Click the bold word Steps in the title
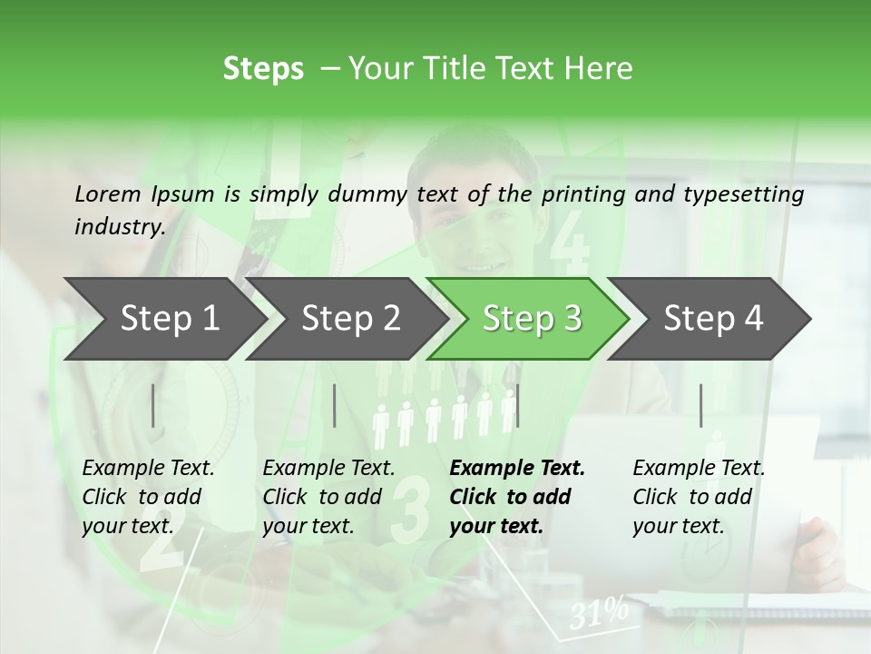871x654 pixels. point(263,68)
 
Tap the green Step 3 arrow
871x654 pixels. point(532,319)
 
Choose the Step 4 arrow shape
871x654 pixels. point(713,319)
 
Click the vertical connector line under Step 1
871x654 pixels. point(152,405)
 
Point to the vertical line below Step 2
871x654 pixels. point(335,405)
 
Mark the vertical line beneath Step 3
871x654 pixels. point(517,405)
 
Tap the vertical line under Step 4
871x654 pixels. point(700,405)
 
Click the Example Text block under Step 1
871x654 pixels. point(148,497)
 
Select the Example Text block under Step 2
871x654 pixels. point(328,497)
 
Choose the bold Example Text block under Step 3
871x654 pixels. point(517,497)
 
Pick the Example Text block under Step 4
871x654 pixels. point(699,497)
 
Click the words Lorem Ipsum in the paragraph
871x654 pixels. point(144,193)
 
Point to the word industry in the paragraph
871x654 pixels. point(119,226)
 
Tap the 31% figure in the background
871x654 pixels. point(599,613)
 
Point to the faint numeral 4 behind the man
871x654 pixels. point(570,241)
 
